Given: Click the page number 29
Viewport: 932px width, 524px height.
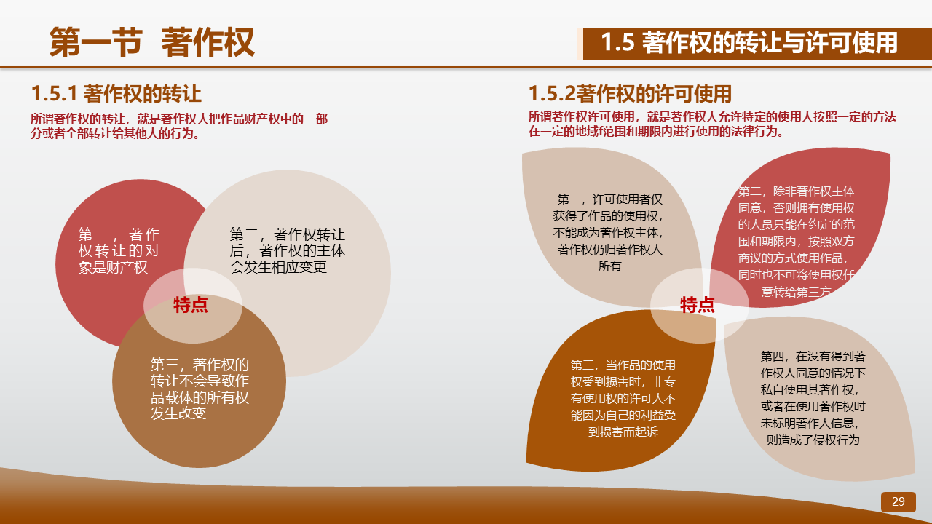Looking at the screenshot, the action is [x=898, y=501].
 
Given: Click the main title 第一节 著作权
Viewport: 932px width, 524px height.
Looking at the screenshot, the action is [x=152, y=42].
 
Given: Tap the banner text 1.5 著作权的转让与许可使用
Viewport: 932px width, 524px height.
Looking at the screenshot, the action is [x=749, y=43].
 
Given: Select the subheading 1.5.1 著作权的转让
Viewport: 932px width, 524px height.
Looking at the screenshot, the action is [x=116, y=94].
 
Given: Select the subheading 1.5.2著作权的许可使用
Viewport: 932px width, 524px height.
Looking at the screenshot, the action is [x=630, y=94].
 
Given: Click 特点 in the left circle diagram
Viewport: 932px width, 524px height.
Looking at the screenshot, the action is [x=191, y=305].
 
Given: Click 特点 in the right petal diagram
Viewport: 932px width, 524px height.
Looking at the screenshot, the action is [x=698, y=305].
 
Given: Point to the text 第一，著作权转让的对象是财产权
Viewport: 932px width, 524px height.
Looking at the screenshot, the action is [x=119, y=251].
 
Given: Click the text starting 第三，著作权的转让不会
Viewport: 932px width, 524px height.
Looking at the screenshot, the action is [x=200, y=389].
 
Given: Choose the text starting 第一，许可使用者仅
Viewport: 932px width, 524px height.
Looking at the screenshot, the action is [x=609, y=232].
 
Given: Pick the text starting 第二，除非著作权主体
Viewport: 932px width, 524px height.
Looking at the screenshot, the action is [x=797, y=242].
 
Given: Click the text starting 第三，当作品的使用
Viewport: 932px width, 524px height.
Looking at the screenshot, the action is [x=623, y=398].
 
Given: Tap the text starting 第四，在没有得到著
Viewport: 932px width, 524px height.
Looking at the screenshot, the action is [x=813, y=398].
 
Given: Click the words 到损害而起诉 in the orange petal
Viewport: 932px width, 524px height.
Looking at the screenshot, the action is [x=623, y=432].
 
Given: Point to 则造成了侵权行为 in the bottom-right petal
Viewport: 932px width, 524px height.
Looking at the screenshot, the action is [x=813, y=440].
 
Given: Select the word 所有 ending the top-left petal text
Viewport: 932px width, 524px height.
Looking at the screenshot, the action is [x=609, y=266].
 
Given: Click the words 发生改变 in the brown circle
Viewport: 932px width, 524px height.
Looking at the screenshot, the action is [x=178, y=413].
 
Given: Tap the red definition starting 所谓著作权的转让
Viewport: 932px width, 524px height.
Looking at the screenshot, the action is [x=179, y=126].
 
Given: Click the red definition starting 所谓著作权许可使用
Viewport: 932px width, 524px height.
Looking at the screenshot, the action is [x=712, y=124].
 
